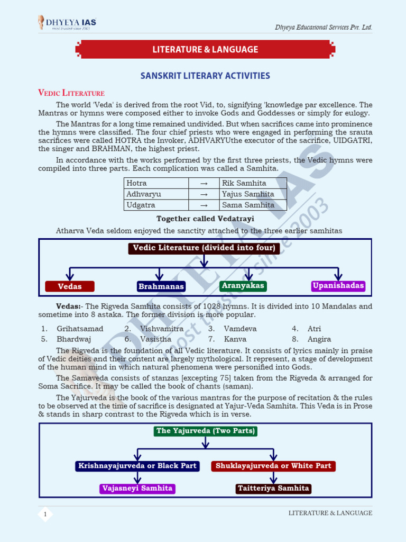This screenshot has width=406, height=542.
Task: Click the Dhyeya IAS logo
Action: point(67,23)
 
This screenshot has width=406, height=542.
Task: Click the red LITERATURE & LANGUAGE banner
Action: point(205,50)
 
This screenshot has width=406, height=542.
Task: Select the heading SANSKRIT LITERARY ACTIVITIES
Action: point(205,76)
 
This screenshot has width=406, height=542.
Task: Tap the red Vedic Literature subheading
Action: point(71,93)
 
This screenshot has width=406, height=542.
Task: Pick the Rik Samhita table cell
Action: point(253,183)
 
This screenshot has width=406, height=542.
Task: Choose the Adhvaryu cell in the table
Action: point(156,194)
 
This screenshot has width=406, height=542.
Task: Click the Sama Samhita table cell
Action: point(253,205)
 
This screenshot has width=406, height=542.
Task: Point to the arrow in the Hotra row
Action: point(204,183)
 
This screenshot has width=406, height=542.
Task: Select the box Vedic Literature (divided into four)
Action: point(204,248)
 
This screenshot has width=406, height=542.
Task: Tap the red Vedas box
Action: point(70,286)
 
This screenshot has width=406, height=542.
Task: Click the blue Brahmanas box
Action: point(161,286)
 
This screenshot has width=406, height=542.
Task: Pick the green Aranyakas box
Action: point(243,286)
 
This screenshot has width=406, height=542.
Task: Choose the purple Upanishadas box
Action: point(338,286)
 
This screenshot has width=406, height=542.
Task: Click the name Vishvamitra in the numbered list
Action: point(161,329)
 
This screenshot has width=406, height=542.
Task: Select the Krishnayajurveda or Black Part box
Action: point(137,466)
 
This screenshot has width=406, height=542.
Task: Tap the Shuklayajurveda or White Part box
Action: point(273,466)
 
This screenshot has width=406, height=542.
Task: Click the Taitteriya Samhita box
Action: point(273,489)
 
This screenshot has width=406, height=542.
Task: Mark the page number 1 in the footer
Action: point(45,514)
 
